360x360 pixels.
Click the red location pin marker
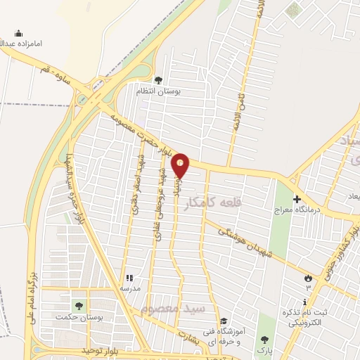coord(181,166)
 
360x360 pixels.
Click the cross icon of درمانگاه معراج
coord(297,199)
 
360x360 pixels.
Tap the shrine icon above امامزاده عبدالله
coord(18,33)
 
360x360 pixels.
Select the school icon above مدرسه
coord(129,278)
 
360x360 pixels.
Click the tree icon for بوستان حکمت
coord(79,306)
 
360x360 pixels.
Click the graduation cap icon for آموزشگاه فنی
coord(223,321)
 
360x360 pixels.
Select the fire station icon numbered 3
coord(307,278)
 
